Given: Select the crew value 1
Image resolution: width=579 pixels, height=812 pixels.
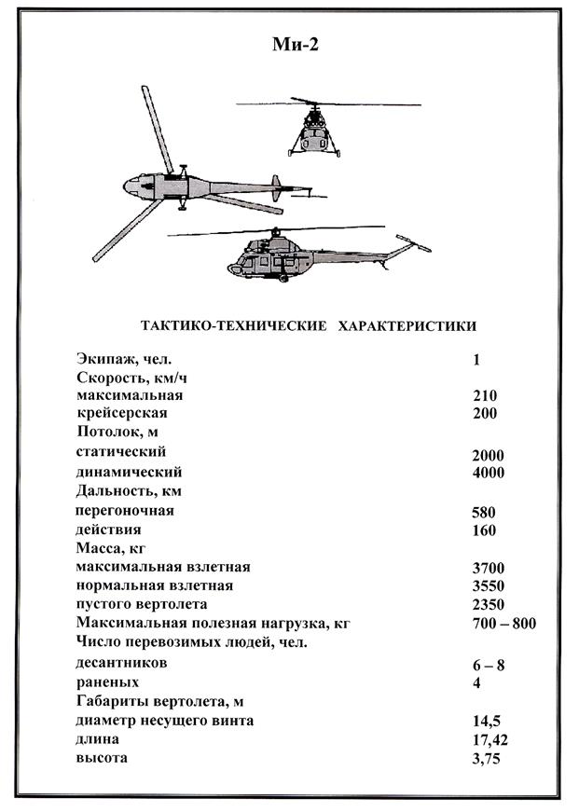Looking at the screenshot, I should coord(476,359).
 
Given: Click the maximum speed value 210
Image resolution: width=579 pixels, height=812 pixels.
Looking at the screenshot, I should coord(485,395).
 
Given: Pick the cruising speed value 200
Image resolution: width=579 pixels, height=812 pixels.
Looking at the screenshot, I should coord(485,413).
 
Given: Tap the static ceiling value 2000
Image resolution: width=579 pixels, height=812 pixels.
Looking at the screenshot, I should coord(489,455).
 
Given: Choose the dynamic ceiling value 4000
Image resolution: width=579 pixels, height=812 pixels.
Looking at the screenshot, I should coord(489,473).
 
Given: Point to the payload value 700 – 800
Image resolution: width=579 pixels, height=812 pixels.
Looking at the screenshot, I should coord(504,624).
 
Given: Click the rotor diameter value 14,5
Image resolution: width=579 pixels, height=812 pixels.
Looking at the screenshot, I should coord(488,722).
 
